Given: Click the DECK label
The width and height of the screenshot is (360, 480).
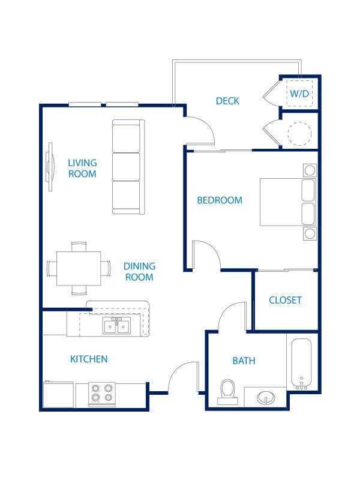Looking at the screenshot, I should click(x=227, y=101).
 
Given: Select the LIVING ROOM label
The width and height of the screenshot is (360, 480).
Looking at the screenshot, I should click(x=82, y=168).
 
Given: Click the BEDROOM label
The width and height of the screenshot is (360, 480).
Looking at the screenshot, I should click(x=220, y=200).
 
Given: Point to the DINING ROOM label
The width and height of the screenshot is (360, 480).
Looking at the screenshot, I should click(x=139, y=271).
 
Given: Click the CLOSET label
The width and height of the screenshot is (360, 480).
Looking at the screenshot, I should click(x=285, y=300).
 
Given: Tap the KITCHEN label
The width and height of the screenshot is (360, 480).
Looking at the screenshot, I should click(x=89, y=359).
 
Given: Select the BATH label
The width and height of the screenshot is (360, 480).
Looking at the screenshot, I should click(x=244, y=361).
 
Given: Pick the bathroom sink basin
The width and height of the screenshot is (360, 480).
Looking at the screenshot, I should click(x=265, y=397).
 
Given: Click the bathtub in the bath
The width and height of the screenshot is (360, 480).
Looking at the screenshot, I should click(x=301, y=364).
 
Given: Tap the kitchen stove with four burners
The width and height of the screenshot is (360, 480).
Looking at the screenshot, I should click(x=101, y=393).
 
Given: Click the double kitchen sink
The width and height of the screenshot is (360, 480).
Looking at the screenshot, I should click(x=117, y=326).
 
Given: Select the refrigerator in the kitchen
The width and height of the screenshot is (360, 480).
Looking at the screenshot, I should click(x=58, y=395).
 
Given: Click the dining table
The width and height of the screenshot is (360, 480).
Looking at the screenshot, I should click(x=79, y=268).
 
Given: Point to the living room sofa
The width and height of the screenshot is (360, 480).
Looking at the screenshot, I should click(x=128, y=167).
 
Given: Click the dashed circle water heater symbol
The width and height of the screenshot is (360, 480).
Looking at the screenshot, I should click(x=299, y=133).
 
